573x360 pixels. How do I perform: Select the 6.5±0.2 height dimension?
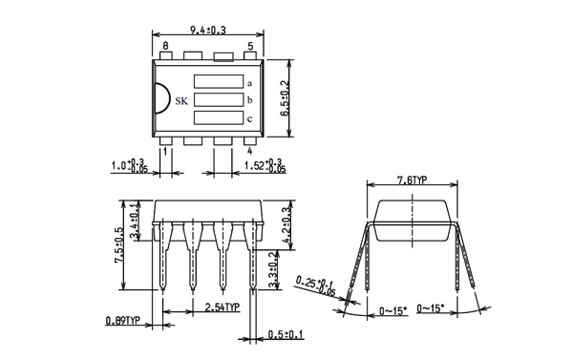click(x=285, y=99)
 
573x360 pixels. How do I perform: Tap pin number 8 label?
click(x=165, y=46)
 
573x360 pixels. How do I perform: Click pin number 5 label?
click(x=250, y=46)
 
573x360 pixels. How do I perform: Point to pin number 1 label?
click(x=165, y=151)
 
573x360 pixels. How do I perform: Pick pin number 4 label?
click(x=249, y=151)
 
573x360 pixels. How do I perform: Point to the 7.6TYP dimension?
click(x=412, y=180)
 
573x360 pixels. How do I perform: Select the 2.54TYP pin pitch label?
click(x=222, y=307)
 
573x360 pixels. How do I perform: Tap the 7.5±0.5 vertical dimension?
click(x=119, y=245)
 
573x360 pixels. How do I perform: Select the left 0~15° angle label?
click(x=393, y=311)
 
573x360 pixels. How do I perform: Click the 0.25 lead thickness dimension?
click(x=318, y=286)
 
